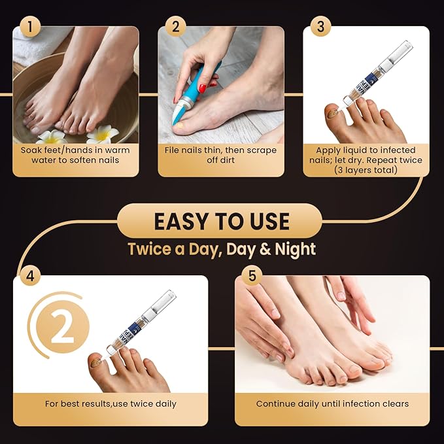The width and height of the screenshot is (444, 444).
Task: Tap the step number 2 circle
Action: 174,27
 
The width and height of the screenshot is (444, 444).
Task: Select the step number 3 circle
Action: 320,27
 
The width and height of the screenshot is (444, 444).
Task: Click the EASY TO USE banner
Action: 222,220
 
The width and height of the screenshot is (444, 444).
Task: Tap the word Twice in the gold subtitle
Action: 150,249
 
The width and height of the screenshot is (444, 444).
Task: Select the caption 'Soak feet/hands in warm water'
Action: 76,155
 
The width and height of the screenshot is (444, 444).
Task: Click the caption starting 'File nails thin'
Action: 221,155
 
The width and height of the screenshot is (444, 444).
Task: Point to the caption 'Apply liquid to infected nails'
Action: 366,160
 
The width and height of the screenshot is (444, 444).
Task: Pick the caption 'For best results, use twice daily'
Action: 111,403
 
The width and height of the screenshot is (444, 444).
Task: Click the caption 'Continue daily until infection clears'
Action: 332,403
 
